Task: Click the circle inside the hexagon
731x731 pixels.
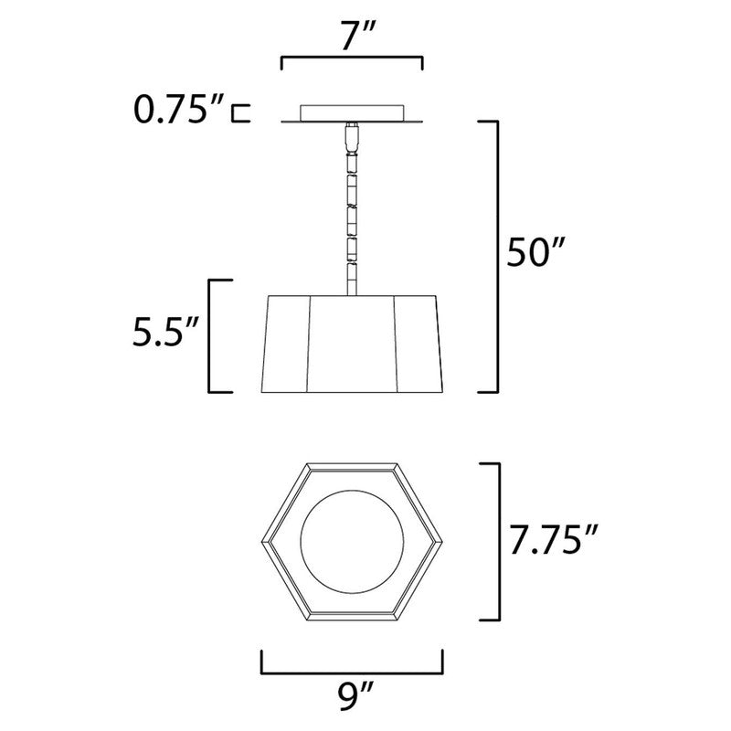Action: pyautogui.click(x=351, y=541)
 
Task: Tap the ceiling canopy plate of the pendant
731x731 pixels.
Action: pyautogui.click(x=352, y=113)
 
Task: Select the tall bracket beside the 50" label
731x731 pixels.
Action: pyautogui.click(x=498, y=256)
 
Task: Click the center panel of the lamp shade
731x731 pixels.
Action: pyautogui.click(x=352, y=344)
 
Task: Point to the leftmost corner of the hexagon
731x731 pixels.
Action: pyautogui.click(x=260, y=542)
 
